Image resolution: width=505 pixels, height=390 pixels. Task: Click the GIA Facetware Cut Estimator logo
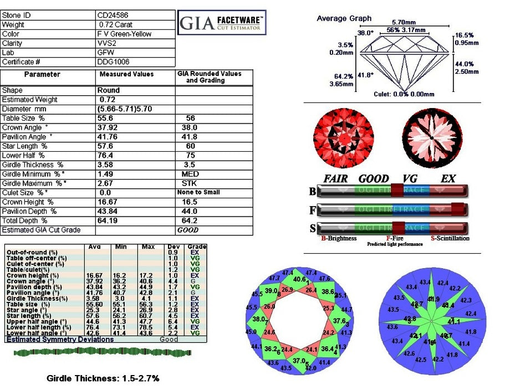pos(222,24)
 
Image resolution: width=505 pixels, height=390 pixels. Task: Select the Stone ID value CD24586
pos(113,16)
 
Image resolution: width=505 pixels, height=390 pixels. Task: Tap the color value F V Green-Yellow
pos(125,34)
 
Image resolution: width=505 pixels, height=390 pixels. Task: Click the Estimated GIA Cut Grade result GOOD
pos(187,230)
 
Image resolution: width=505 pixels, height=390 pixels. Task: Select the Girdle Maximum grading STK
pos(188,183)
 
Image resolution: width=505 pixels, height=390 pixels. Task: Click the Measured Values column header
pos(126,74)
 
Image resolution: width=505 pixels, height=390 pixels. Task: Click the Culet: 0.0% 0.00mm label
pos(404,94)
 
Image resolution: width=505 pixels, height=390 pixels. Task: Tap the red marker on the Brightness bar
pos(398,191)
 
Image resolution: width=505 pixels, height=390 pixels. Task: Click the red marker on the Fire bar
pos(457,209)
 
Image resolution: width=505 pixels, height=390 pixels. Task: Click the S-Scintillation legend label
pos(450,238)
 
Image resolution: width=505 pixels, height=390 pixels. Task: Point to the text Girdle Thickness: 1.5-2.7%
pos(103,378)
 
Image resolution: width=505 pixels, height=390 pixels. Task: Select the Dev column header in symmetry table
pos(172,247)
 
